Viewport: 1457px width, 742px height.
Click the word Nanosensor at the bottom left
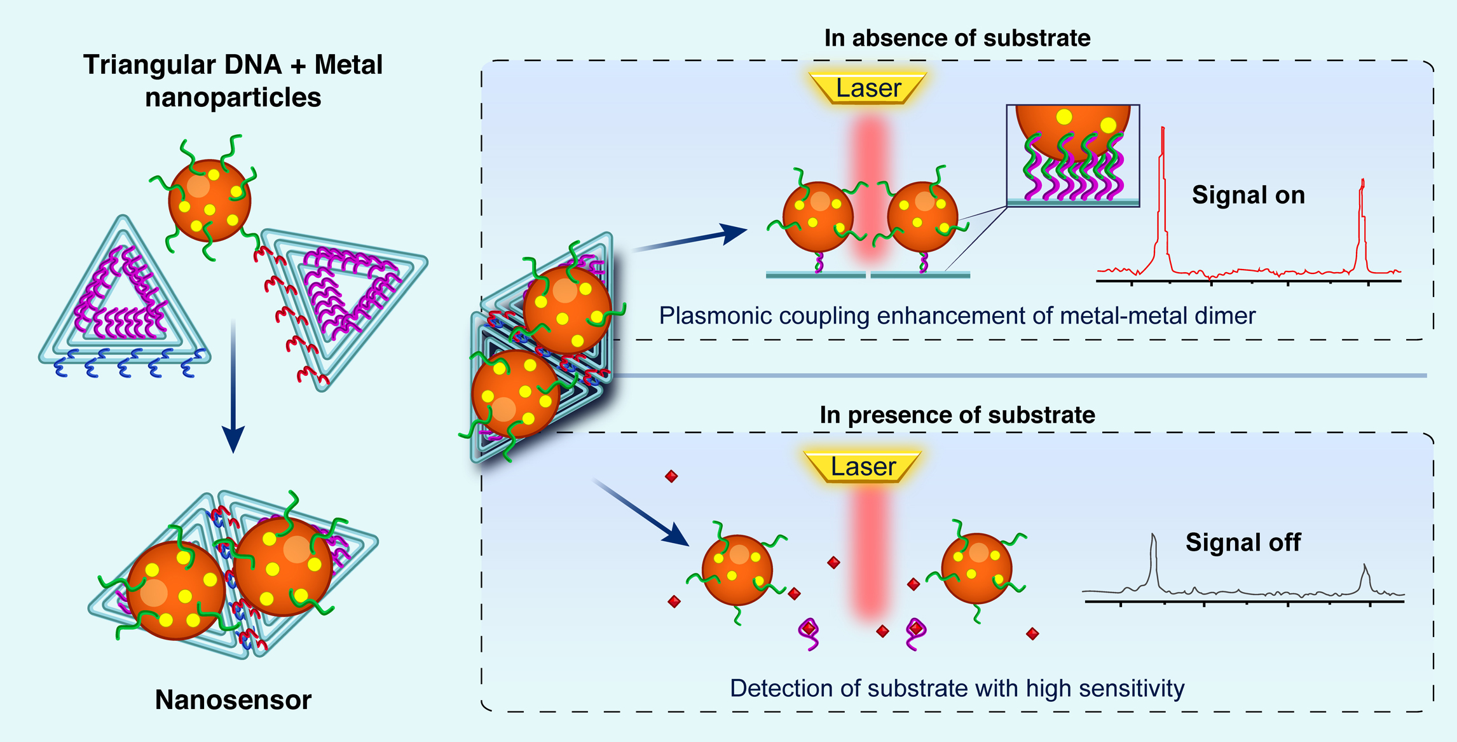(x=233, y=700)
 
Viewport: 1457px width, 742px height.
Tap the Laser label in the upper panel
(x=868, y=88)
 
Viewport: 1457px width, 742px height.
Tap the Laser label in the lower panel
(x=863, y=467)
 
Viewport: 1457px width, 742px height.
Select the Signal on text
(x=1248, y=195)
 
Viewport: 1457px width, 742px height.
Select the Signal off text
(x=1243, y=542)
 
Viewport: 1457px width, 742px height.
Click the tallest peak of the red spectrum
(x=1163, y=129)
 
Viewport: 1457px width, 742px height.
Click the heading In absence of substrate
(x=957, y=38)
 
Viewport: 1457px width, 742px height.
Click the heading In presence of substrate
(x=957, y=415)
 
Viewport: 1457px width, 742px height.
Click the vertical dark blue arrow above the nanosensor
(x=233, y=386)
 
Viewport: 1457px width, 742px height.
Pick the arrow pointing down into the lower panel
(x=641, y=512)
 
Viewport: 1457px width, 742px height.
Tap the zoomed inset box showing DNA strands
(x=1073, y=156)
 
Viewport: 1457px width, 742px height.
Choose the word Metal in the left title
(x=348, y=65)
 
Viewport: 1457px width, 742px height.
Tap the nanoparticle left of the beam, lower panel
(x=737, y=570)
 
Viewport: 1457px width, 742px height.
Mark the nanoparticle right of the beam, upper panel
(x=922, y=217)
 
